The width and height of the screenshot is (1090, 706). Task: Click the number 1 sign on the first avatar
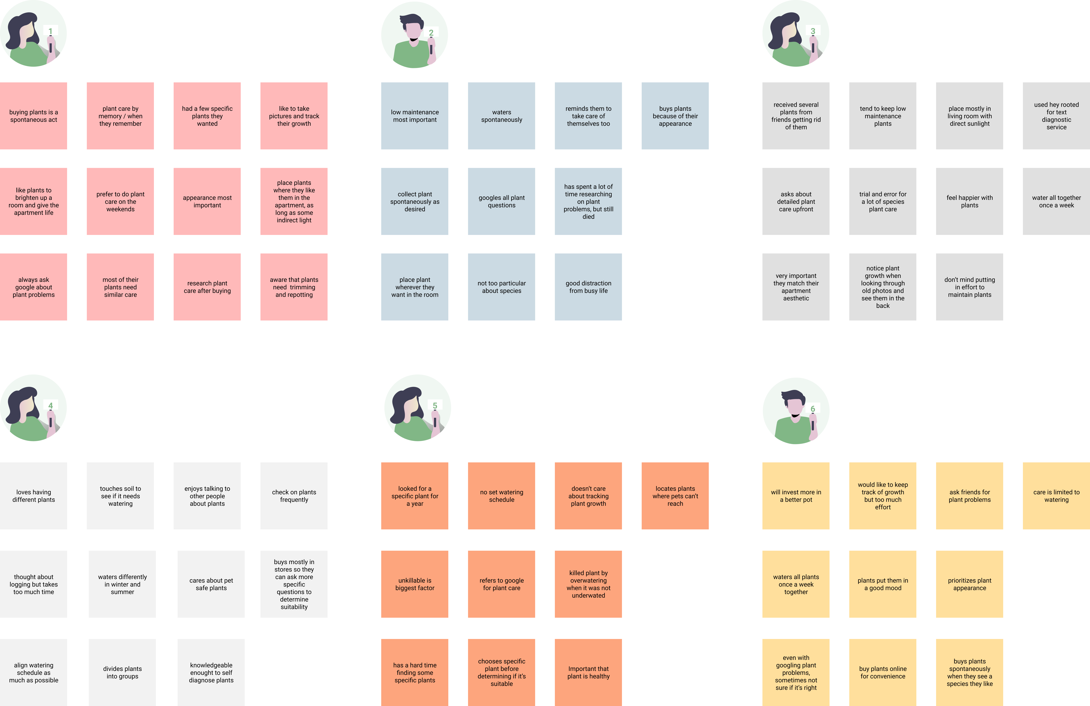(50, 31)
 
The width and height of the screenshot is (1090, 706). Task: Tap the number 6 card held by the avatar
(812, 409)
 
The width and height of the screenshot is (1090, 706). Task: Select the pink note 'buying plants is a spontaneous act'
(33, 116)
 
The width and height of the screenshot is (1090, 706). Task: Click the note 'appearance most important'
(207, 201)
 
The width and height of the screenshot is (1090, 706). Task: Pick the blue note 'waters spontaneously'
(502, 116)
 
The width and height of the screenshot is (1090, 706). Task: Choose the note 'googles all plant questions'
(502, 201)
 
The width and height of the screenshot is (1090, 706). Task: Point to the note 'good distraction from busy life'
(588, 287)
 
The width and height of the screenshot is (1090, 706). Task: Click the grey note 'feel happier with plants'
(970, 201)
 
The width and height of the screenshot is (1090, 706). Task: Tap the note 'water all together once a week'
(1056, 201)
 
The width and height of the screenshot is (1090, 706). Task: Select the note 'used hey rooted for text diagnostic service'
(1056, 116)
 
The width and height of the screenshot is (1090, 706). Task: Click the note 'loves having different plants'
(33, 496)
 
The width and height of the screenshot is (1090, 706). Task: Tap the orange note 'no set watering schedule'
(502, 496)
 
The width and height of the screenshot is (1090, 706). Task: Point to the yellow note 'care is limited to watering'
(1056, 496)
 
